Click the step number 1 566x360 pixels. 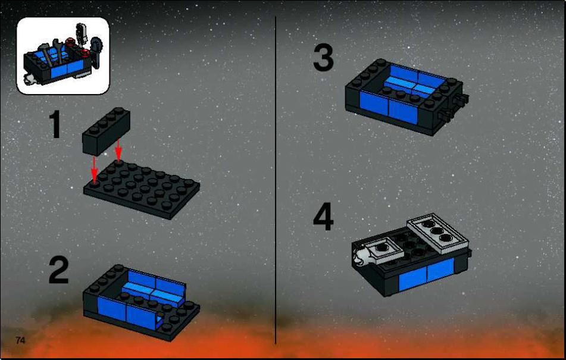tap(55, 125)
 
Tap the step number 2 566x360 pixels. tap(58, 270)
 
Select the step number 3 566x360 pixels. tap(323, 58)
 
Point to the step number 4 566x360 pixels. tap(323, 217)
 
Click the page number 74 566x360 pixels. tap(20, 340)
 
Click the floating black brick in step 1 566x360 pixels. tap(106, 131)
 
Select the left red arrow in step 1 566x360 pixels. tap(94, 169)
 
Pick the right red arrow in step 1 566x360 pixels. tap(118, 151)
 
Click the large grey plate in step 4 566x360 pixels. tap(438, 234)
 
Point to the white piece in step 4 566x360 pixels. tap(360, 255)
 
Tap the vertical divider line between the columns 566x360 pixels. tap(276, 180)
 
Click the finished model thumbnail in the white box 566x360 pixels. tap(63, 55)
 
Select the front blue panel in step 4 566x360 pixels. tap(426, 274)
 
